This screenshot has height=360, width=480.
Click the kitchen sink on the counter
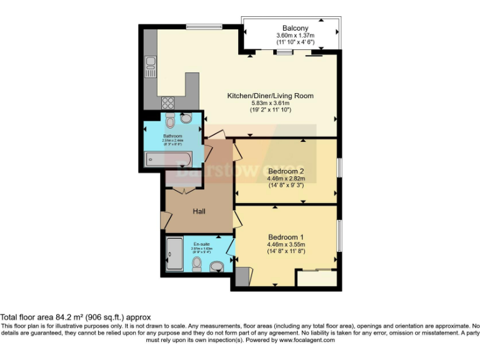pyautogui.click(x=150, y=64)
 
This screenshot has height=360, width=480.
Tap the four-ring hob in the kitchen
pyautogui.click(x=168, y=102)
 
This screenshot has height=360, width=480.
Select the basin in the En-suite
pyautogui.click(x=216, y=267)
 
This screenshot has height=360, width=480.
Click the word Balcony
pyautogui.click(x=295, y=28)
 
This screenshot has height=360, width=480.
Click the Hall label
pyautogui.click(x=199, y=211)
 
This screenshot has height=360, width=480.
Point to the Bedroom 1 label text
pyautogui.click(x=286, y=237)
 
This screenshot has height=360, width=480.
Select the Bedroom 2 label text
pyautogui.click(x=286, y=171)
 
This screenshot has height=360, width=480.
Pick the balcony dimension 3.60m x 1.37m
pyautogui.click(x=295, y=36)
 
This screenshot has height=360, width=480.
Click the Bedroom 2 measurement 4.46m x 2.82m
pyautogui.click(x=286, y=178)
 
